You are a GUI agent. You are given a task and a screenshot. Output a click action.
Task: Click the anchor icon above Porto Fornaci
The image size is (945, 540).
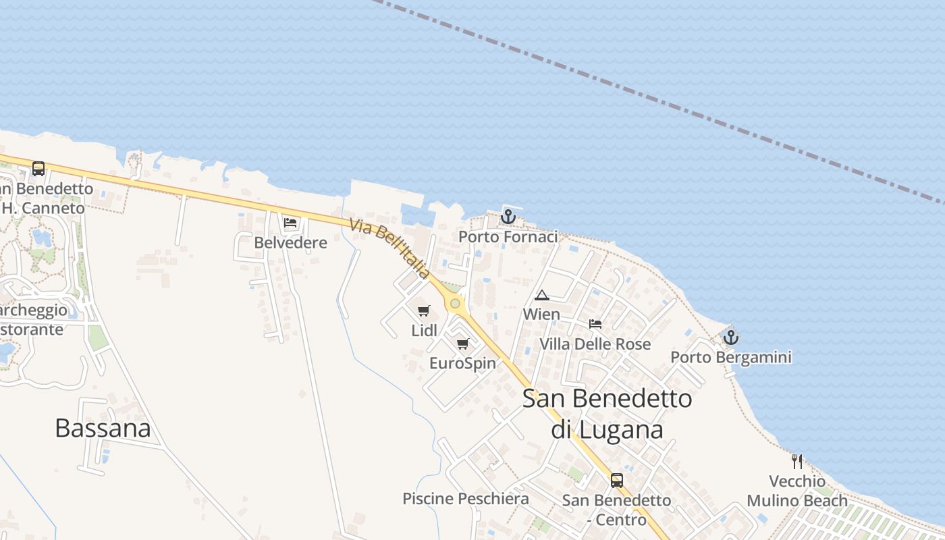pos(508,217)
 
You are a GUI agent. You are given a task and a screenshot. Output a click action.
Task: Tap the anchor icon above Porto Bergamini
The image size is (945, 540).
pos(730,337)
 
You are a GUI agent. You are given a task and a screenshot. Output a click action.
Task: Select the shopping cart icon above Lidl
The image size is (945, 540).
pos(424,310)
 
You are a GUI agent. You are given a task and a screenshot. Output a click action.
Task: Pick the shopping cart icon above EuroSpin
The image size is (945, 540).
pos(462,344)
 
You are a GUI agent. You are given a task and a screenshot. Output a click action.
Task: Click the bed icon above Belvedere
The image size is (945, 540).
pos(290,222)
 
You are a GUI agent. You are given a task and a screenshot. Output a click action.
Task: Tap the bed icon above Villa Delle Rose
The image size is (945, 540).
pos(595,324)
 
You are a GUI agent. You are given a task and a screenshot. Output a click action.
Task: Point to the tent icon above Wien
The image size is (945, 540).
pos(541,295)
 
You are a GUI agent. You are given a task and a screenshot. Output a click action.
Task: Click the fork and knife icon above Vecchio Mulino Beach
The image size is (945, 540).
pos(797,462)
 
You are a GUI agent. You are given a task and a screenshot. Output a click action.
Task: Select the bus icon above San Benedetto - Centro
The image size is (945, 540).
pos(617,481)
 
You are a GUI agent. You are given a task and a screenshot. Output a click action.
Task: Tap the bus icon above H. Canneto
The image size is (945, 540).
pos(38,169)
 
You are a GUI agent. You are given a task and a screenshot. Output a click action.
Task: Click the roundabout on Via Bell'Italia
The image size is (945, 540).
pos(456,304)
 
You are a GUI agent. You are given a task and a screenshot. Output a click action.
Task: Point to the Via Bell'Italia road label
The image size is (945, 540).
pos(389,248)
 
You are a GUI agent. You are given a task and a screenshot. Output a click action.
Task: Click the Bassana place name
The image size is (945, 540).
pos(103,428)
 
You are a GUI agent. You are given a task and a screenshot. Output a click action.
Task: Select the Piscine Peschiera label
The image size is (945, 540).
pos(466,499)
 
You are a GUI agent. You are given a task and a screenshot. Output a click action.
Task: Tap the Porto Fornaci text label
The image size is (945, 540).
pos(508,237)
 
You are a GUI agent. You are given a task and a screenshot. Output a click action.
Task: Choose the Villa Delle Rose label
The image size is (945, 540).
pos(595,344)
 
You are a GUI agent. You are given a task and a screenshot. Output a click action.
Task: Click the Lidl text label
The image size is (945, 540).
pos(424,331)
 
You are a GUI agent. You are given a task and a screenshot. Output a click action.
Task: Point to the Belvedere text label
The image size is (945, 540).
pos(290,242)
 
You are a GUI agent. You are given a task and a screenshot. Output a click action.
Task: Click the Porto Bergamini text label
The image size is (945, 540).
pos(730,357)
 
